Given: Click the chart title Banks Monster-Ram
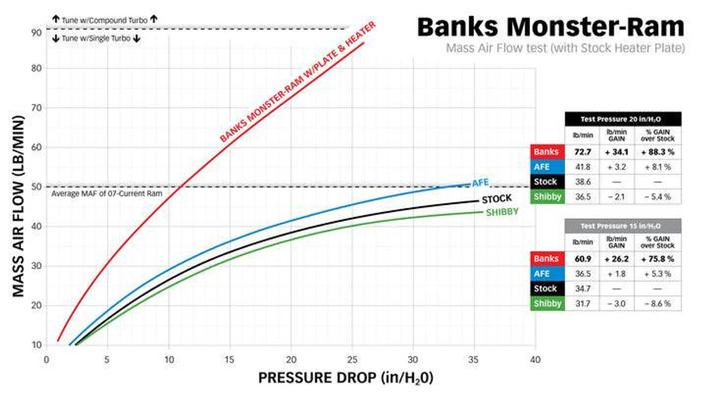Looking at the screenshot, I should (550, 26).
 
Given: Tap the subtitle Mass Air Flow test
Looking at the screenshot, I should (565, 49).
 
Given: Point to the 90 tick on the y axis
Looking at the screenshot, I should (37, 33).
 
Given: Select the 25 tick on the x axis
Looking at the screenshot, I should (352, 360).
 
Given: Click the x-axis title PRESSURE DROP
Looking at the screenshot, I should (346, 379).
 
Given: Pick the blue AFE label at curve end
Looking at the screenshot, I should (480, 183).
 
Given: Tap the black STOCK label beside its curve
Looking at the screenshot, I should (496, 198).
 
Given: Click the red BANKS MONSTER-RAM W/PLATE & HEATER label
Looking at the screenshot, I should (298, 82).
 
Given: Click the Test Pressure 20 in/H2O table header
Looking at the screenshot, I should (623, 119).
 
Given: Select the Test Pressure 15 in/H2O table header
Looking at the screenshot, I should (623, 226).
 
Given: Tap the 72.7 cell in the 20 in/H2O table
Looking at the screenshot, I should (582, 152).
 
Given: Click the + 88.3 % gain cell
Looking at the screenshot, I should (657, 152).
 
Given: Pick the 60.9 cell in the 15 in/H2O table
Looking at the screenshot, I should (582, 259).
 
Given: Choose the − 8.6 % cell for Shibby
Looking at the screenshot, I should (657, 303).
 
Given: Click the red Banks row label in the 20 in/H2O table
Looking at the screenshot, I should (547, 152).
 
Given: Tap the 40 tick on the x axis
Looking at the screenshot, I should (534, 360).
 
